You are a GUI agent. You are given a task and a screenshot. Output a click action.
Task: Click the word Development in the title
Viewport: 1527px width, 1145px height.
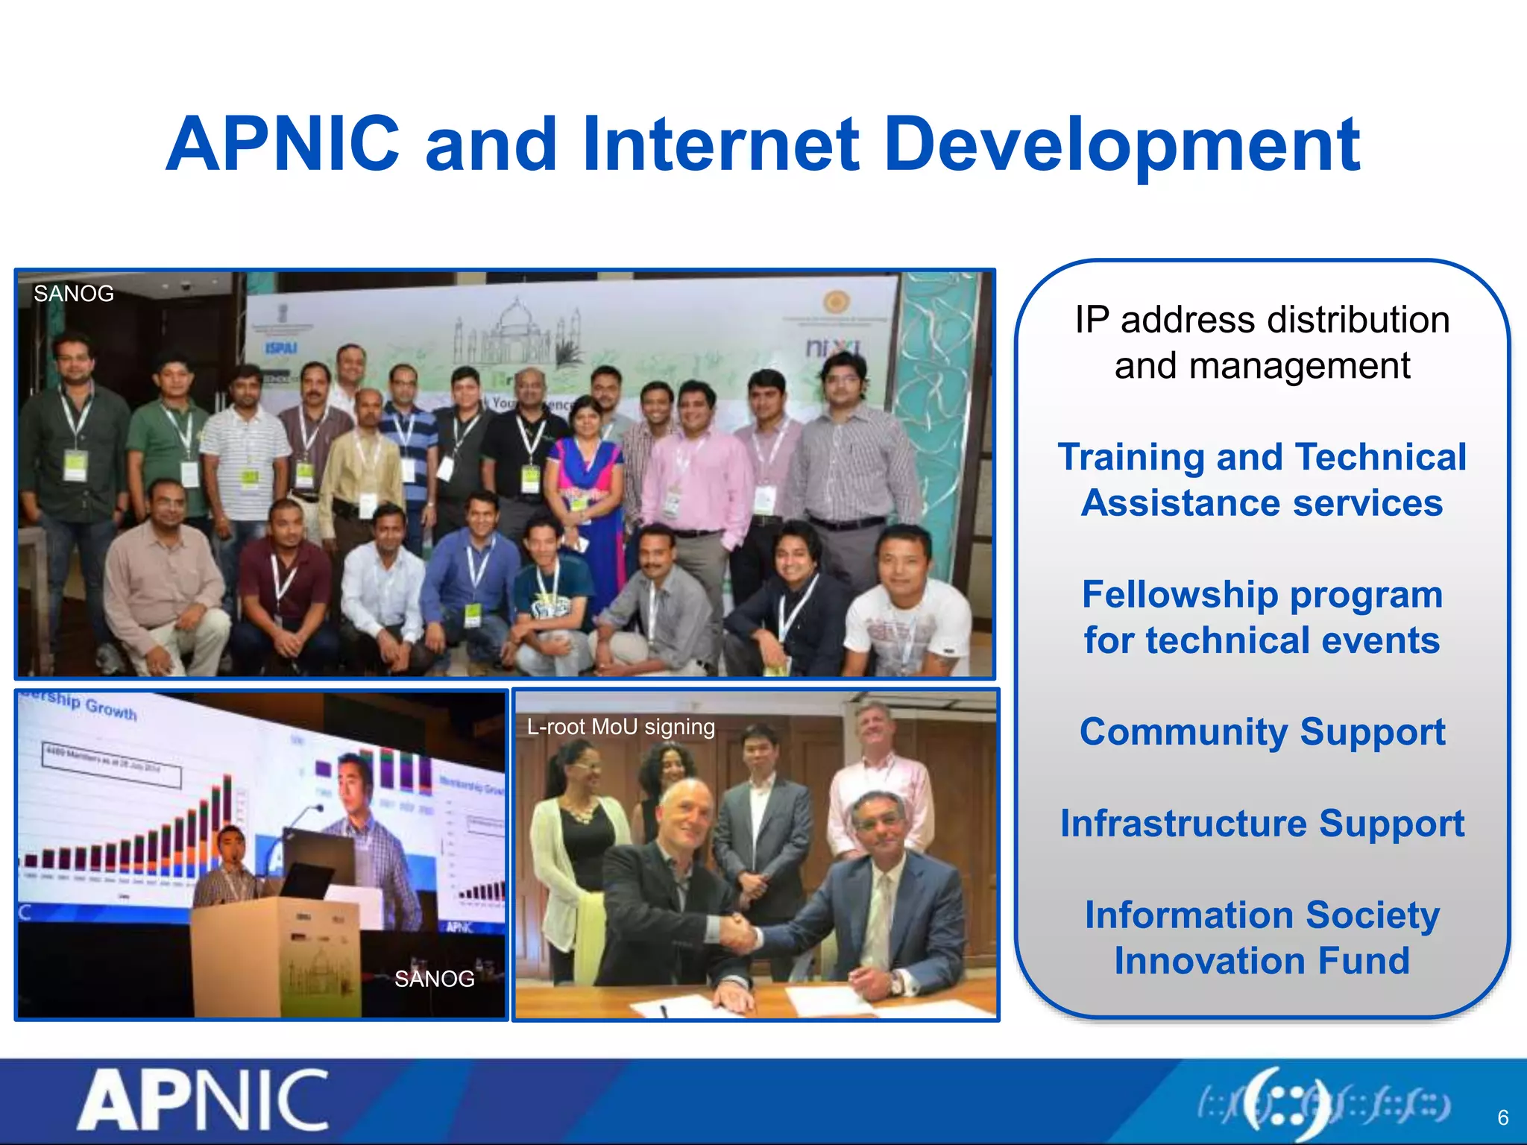1121,145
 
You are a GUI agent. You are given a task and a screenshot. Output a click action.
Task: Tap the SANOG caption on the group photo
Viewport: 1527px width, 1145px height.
73,294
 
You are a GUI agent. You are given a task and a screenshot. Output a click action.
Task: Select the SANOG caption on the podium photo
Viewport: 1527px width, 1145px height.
434,979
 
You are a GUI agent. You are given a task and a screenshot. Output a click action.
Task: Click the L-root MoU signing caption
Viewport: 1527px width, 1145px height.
620,727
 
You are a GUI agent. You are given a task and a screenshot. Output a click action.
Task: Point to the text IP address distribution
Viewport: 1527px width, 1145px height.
1262,321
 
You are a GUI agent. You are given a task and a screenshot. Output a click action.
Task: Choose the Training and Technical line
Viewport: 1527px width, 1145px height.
1262,457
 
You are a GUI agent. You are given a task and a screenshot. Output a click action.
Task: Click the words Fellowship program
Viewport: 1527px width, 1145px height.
1262,595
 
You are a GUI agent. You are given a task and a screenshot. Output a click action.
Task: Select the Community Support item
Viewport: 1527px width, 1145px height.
1262,732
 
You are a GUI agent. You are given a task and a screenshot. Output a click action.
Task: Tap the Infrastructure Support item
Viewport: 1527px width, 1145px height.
1262,824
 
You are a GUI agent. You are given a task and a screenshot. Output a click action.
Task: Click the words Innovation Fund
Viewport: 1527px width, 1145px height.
1262,961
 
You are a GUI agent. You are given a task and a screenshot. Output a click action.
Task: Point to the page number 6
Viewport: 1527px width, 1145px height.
1502,1117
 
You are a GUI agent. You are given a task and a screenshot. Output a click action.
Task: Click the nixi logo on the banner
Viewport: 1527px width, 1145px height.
833,347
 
